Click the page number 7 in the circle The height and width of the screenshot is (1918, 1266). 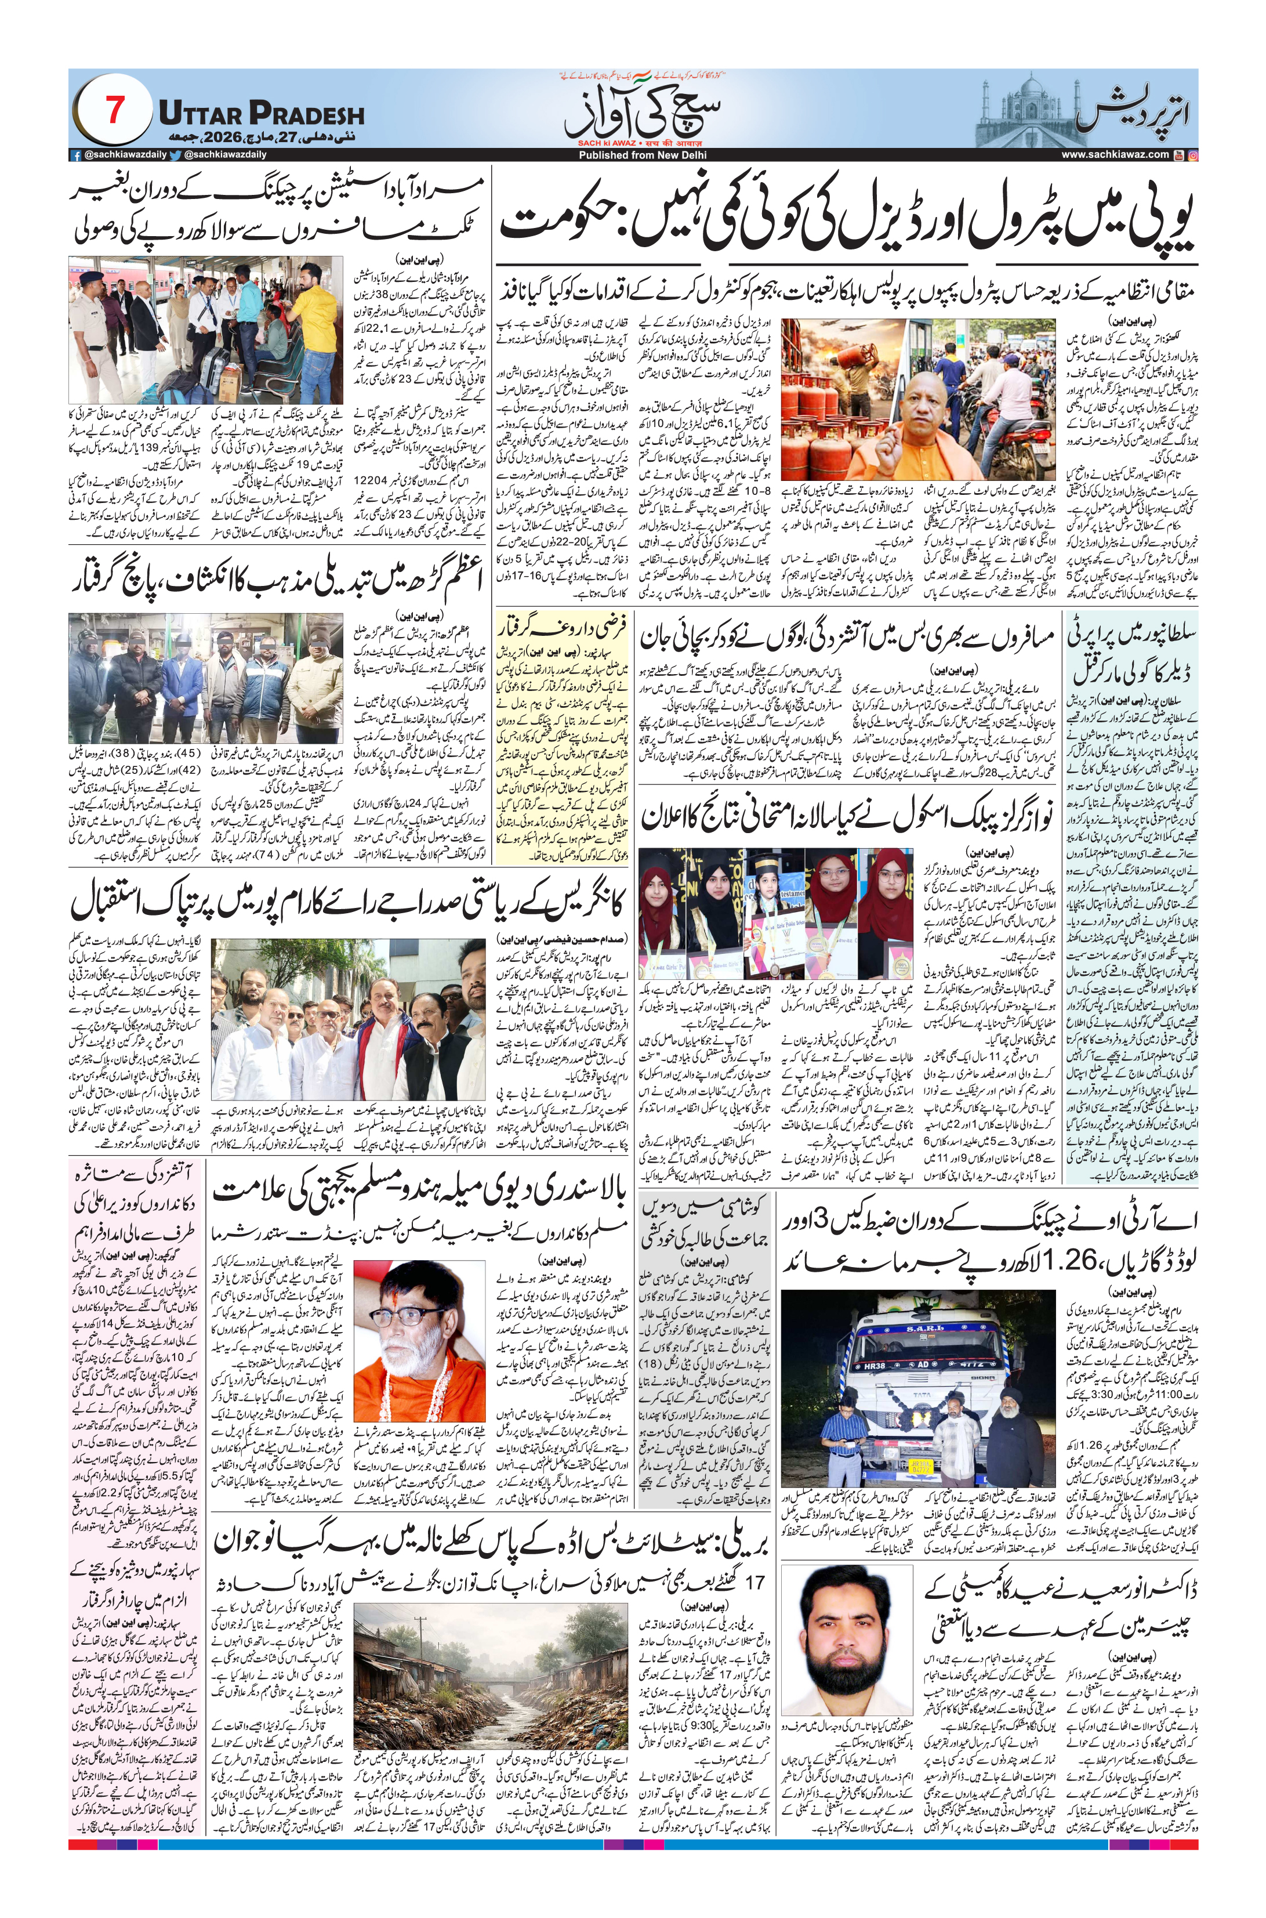coord(114,109)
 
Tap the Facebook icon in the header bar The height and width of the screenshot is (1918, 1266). coord(76,155)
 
